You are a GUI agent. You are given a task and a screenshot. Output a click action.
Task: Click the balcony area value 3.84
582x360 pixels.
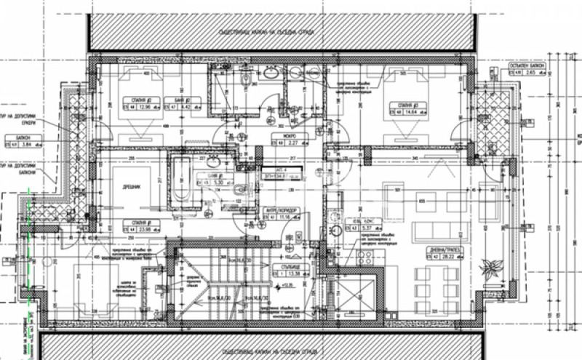pyautogui.click(x=29, y=145)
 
